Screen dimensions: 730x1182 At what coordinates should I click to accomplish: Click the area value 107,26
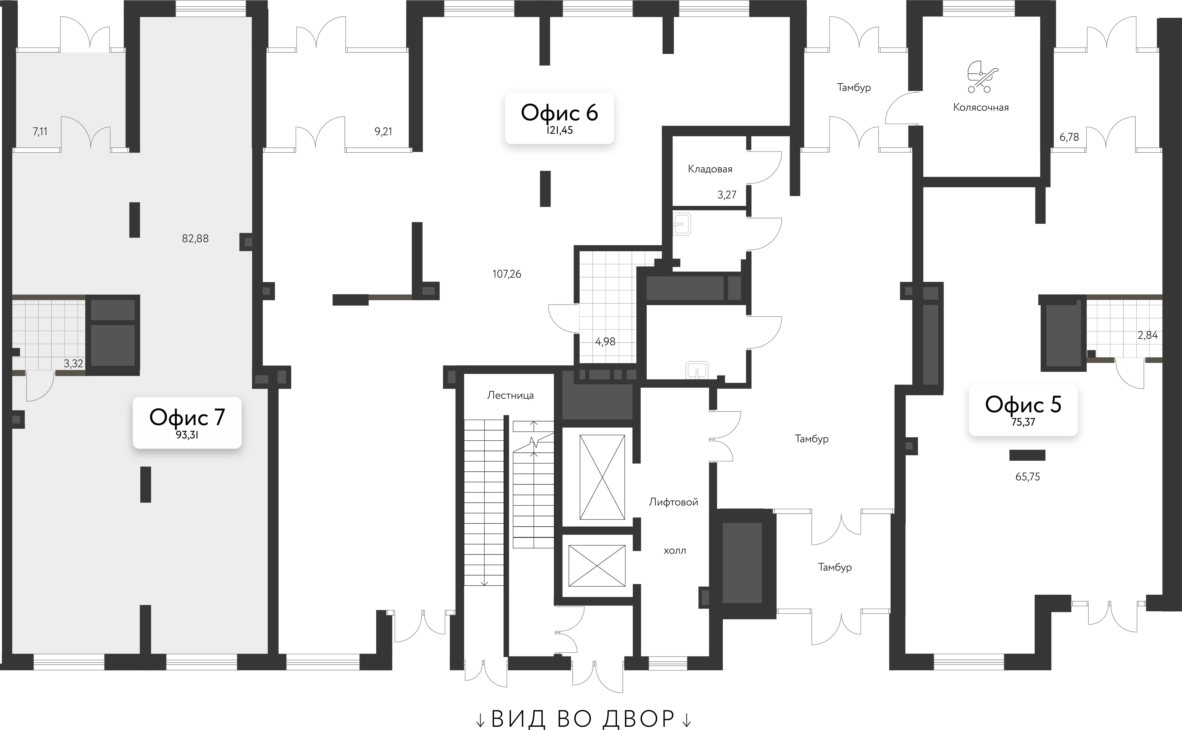click(507, 274)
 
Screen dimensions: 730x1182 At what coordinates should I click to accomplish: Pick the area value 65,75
click(1027, 477)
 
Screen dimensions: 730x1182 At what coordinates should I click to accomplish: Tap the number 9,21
click(383, 131)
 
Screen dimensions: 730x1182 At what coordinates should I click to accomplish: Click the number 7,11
click(40, 131)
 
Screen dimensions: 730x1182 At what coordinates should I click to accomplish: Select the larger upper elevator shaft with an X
click(602, 477)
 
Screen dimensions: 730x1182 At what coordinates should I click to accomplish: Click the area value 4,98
click(605, 342)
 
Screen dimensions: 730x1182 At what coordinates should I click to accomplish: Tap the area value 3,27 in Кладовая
click(727, 195)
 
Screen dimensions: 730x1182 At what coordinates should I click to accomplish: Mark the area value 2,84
click(1147, 335)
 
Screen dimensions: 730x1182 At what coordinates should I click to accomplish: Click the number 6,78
click(1069, 137)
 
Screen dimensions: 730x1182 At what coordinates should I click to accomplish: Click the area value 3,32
click(73, 363)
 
